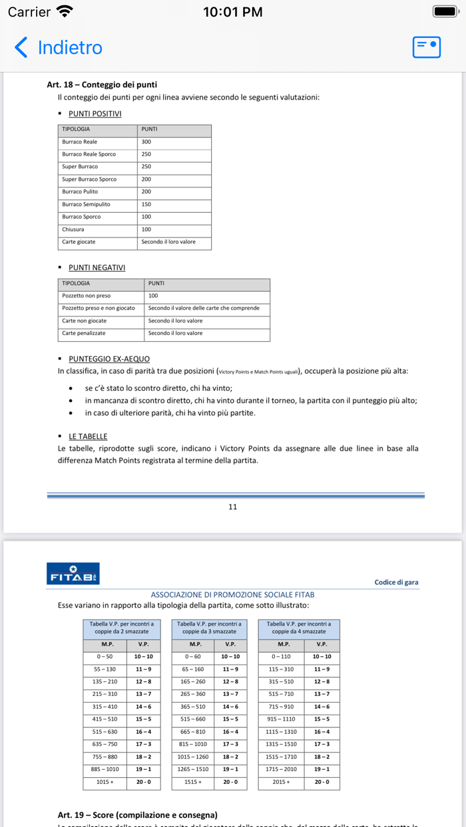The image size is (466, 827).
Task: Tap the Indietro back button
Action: click(59, 48)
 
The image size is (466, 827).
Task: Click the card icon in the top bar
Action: click(427, 47)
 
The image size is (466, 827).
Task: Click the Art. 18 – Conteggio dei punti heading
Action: click(102, 84)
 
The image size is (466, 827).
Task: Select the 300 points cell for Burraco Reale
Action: click(146, 142)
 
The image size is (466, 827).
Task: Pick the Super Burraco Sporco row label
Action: click(89, 179)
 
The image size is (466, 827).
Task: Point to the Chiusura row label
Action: click(73, 229)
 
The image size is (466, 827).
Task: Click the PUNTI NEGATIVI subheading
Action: click(97, 267)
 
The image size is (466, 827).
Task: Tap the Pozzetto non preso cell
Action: click(87, 296)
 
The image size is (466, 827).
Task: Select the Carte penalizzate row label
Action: click(84, 333)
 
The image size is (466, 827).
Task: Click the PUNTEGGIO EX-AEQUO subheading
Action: click(109, 359)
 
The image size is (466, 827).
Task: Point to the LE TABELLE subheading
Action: click(89, 437)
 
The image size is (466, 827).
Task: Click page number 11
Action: click(232, 507)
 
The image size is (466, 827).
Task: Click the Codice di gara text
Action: click(396, 582)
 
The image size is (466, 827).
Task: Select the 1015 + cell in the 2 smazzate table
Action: click(105, 782)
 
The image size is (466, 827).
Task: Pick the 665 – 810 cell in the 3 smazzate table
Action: click(193, 732)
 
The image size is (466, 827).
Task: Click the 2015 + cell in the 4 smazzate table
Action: click(281, 782)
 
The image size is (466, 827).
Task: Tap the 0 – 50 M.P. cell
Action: click(105, 657)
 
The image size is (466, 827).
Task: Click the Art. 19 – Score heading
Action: click(137, 815)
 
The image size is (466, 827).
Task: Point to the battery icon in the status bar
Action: click(445, 11)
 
